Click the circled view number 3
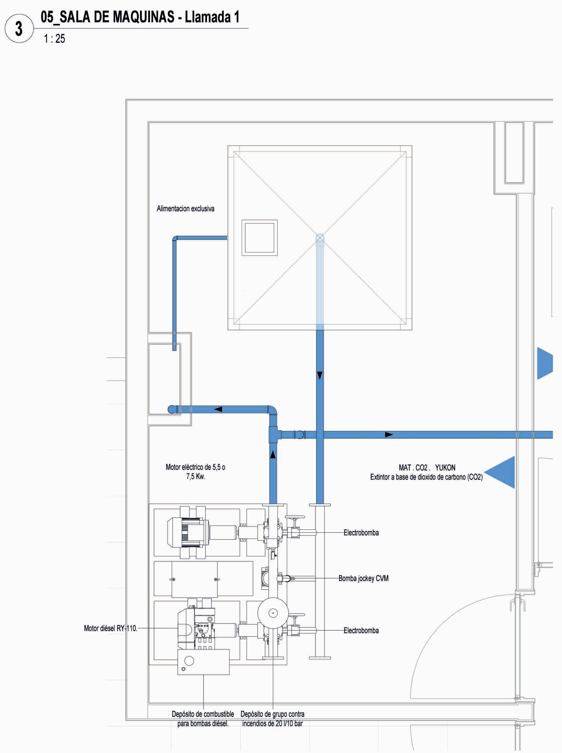tap(19, 29)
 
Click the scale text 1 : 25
tap(54, 39)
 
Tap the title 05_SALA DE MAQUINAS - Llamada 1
tap(140, 17)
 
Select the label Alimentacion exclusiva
tap(185, 209)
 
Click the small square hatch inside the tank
tap(259, 238)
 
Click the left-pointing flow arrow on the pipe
tap(218, 409)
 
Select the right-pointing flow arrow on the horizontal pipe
tap(388, 435)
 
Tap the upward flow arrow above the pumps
tap(273, 454)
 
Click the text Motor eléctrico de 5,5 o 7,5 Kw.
tap(195, 472)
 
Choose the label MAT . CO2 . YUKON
tap(427, 468)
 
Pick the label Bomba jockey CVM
tap(363, 578)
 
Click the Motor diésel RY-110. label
tap(111, 628)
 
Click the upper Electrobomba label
tap(361, 533)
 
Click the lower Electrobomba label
tap(361, 630)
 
